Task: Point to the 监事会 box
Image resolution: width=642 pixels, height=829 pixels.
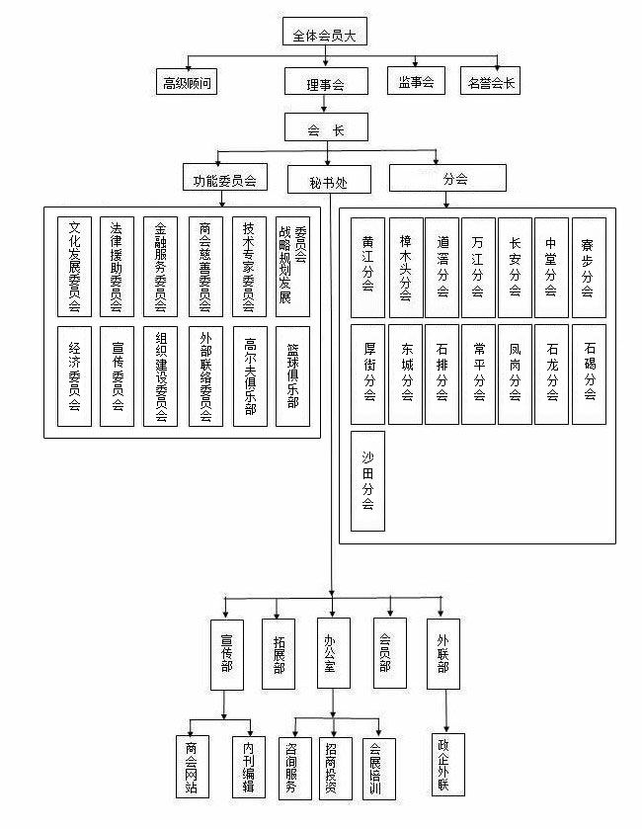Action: point(417,80)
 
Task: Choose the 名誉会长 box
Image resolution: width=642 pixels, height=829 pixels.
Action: point(493,81)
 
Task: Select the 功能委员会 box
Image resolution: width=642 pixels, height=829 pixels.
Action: point(225,179)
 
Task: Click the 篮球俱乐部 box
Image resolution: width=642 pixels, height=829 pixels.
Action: point(292,375)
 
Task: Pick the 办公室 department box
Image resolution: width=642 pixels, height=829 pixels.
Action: point(333,653)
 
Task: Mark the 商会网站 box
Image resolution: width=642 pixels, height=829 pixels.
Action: point(191,767)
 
